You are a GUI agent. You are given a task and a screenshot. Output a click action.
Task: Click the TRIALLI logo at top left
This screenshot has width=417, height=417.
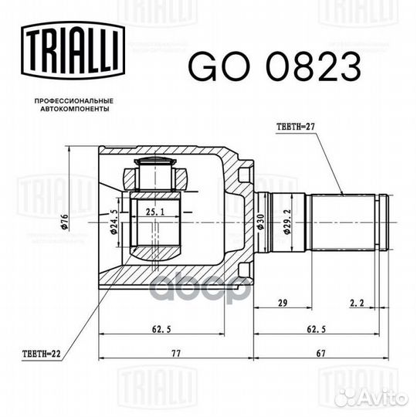pos(73,50)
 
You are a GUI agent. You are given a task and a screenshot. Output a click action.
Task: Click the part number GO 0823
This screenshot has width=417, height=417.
pos(275,66)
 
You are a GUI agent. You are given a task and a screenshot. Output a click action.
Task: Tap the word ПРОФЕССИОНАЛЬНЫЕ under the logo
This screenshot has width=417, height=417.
pos(74,101)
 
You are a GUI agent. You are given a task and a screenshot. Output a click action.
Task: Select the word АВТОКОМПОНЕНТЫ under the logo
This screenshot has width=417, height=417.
pos(75,109)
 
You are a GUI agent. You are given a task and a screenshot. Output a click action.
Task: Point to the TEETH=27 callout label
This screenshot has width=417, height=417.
pos(296,127)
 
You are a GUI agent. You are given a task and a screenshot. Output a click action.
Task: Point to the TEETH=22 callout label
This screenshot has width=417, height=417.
pos(42,354)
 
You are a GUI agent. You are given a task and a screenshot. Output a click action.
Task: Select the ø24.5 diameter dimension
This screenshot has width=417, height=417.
pos(114,222)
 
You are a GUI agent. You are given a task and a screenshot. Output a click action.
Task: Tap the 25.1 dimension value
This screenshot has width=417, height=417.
pos(155,212)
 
